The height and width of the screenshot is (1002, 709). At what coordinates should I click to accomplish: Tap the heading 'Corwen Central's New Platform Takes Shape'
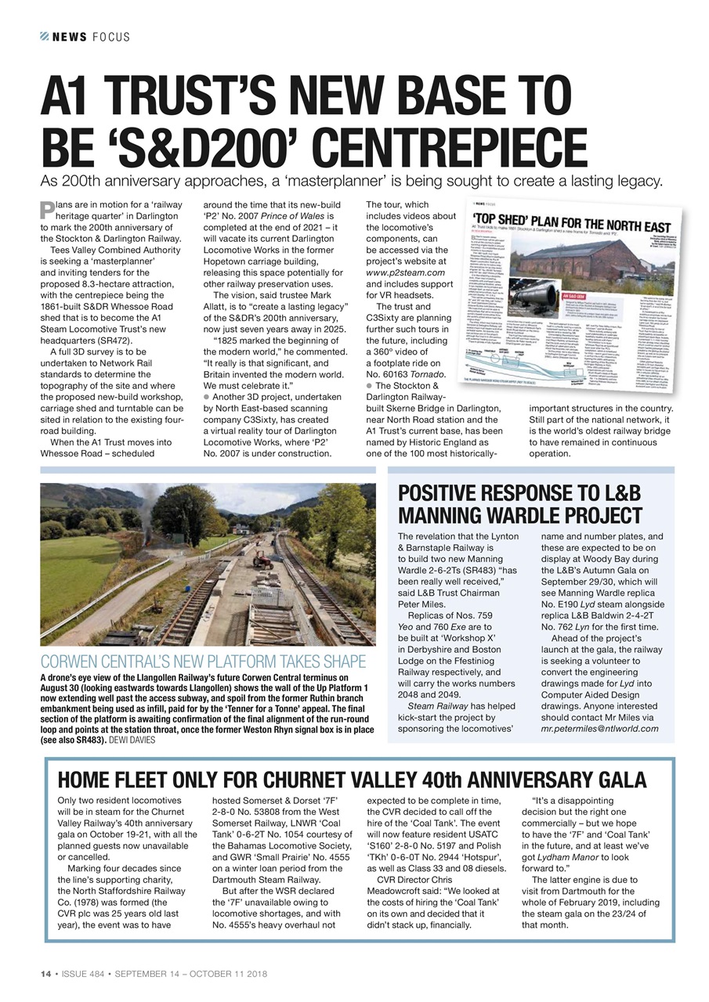[x=203, y=661]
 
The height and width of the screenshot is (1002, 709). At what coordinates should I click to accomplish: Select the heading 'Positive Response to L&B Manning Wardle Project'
[x=519, y=504]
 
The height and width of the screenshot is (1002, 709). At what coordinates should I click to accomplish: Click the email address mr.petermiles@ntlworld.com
[x=599, y=728]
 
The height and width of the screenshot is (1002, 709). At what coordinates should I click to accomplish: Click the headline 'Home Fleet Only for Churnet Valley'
[x=352, y=780]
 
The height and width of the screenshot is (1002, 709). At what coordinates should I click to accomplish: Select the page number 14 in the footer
[x=45, y=973]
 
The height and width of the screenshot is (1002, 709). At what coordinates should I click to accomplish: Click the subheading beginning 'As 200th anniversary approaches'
[x=352, y=182]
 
